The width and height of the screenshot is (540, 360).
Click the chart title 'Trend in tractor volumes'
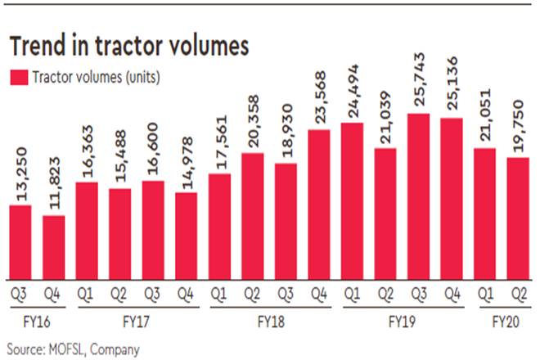point(128,47)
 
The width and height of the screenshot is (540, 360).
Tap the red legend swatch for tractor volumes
point(18,78)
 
